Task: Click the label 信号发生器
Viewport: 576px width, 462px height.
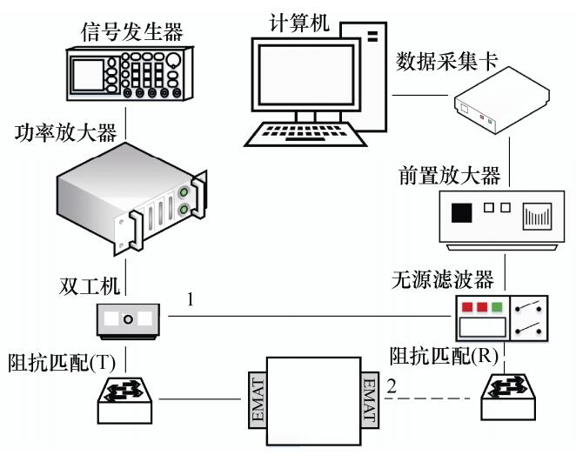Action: (131, 32)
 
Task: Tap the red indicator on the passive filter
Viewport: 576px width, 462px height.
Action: (466, 306)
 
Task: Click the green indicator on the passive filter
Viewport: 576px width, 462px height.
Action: (496, 306)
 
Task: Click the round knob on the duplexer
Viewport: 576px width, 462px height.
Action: (128, 319)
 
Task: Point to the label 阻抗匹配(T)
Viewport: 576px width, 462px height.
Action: (58, 361)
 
